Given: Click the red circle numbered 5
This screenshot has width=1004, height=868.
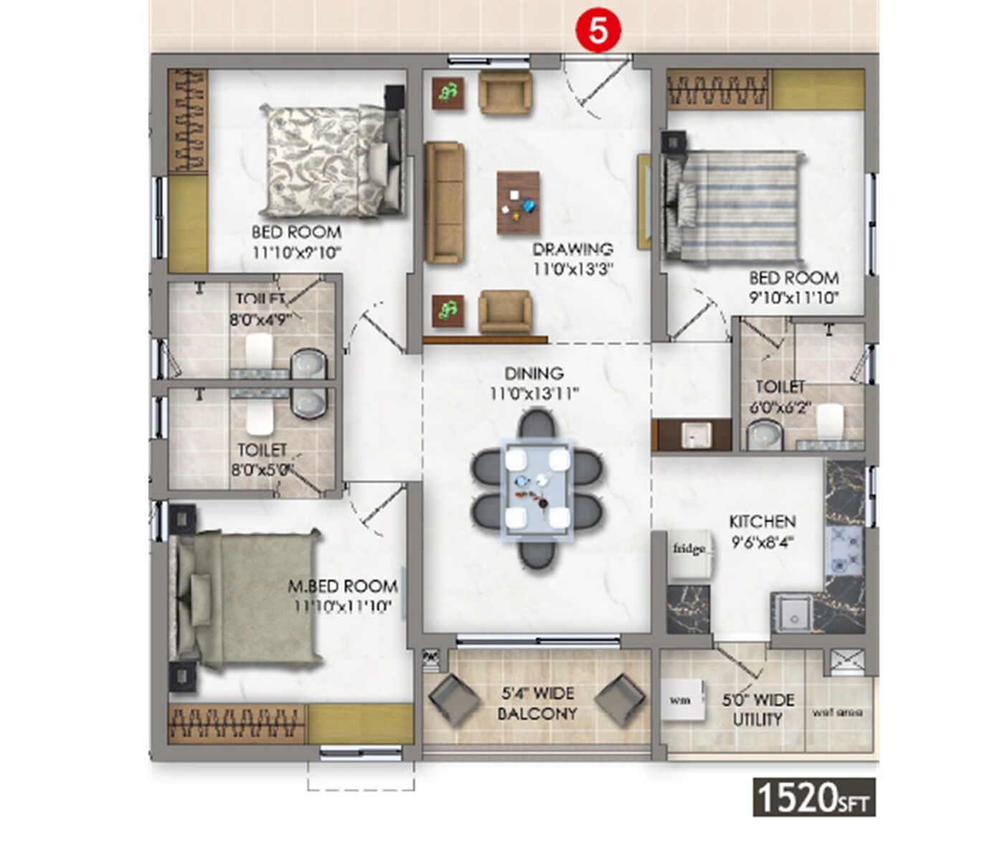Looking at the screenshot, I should [597, 32].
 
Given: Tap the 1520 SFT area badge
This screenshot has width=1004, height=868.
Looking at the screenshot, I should [814, 797].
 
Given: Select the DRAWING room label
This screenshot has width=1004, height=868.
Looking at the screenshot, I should [572, 249].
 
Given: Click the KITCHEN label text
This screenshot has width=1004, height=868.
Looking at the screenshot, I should [762, 522].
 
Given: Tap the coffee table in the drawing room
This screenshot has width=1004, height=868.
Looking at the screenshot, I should [518, 203].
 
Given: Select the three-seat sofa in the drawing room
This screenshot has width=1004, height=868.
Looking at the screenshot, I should [444, 203].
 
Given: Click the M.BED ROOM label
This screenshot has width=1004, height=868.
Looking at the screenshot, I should [343, 586].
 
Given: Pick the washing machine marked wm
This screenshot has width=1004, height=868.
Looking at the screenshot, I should [679, 700].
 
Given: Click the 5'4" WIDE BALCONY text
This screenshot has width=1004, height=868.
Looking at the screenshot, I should [537, 703].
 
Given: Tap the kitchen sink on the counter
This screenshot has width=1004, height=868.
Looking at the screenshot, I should [792, 613].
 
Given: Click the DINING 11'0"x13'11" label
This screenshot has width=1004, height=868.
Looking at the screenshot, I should [534, 383].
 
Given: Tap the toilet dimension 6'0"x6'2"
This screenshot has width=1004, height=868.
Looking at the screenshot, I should [780, 408].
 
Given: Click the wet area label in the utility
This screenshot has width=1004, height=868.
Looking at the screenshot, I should [837, 712].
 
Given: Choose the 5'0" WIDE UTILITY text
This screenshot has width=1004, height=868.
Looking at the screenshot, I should [758, 710].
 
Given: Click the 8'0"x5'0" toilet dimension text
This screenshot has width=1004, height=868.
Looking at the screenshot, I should [262, 470].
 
